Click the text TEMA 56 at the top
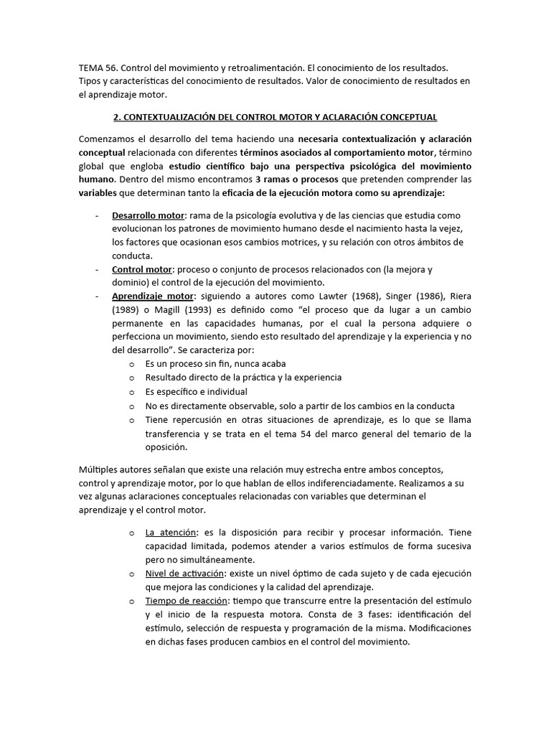pyautogui.click(x=98, y=67)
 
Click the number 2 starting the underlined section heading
pyautogui.click(x=117, y=116)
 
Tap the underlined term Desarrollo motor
pyautogui.click(x=149, y=215)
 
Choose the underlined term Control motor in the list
pyautogui.click(x=141, y=269)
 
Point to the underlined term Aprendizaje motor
pyautogui.click(x=152, y=296)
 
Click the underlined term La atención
pyautogui.click(x=170, y=533)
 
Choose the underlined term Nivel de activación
pyautogui.click(x=184, y=574)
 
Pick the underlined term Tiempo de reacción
pyautogui.click(x=187, y=601)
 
